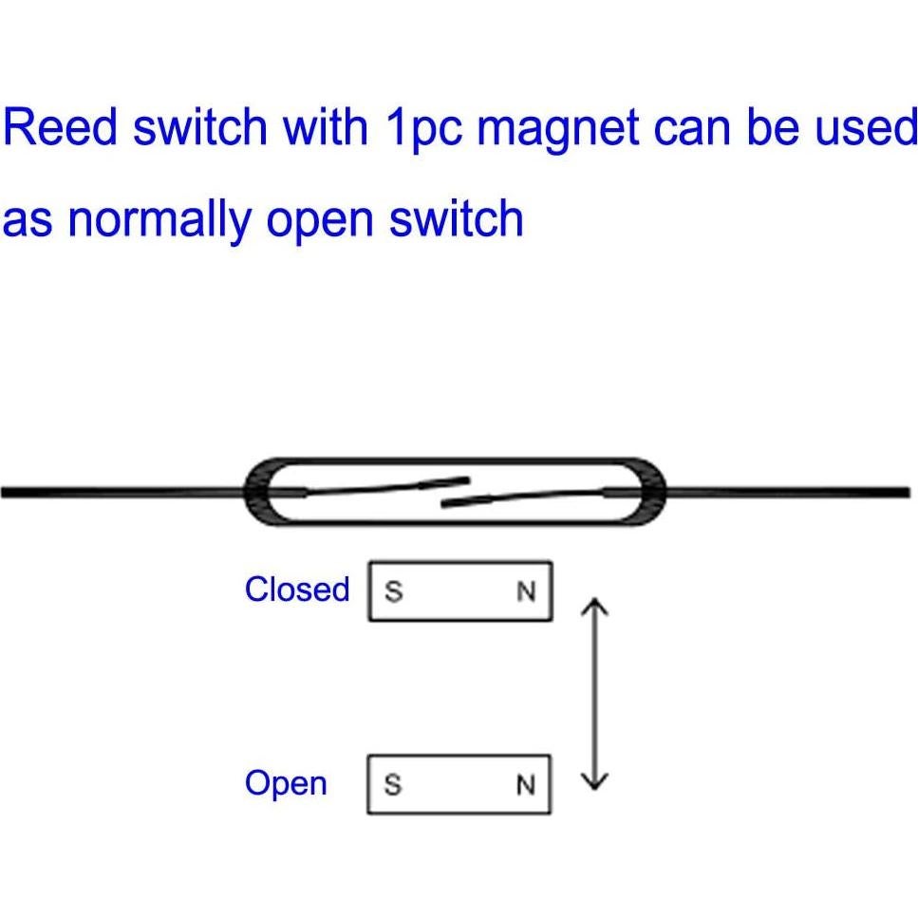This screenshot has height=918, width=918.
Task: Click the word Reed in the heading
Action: tap(59, 127)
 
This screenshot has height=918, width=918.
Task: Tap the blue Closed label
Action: tap(297, 590)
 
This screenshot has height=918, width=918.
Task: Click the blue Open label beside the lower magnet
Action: tap(286, 784)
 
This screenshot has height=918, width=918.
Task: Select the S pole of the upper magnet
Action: tap(393, 592)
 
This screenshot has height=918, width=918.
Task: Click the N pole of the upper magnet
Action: tap(526, 592)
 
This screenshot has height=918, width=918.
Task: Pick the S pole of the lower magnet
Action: tap(393, 786)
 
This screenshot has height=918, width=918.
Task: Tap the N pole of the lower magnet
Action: tap(526, 786)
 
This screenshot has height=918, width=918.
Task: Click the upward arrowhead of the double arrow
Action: tap(593, 604)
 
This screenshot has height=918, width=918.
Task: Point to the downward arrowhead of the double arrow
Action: tap(593, 780)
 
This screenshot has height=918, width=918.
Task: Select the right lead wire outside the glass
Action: tap(788, 492)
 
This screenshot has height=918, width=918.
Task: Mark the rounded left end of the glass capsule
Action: tap(257, 492)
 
